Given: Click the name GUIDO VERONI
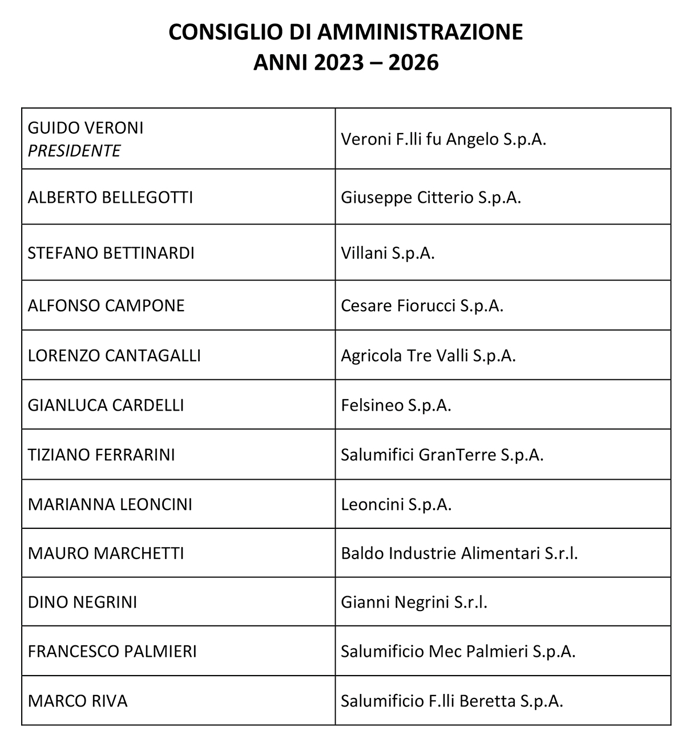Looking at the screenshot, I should [x=86, y=127].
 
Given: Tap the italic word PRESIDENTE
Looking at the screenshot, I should [x=74, y=151].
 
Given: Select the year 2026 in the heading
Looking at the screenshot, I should [x=413, y=62].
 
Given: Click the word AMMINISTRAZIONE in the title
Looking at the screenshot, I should [x=420, y=32].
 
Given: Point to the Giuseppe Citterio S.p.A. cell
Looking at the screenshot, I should [x=431, y=198].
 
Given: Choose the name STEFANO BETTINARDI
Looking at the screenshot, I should [x=111, y=252].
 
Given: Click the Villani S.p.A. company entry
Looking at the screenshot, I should [x=388, y=252].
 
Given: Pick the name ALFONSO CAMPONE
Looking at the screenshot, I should [x=106, y=306].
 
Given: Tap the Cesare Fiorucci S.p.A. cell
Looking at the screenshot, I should [x=422, y=306].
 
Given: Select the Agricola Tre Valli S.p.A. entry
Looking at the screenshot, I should [x=428, y=355].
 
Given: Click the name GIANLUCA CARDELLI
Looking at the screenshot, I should [x=106, y=405].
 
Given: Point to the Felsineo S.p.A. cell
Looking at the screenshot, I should [x=396, y=405].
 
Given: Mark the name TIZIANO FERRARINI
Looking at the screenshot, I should [x=102, y=455].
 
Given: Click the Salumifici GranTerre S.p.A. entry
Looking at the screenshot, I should [x=442, y=455].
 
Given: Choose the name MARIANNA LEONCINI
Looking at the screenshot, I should [x=110, y=504].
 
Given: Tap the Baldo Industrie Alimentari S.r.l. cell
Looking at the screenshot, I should [x=459, y=553].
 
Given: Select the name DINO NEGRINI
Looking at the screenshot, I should [x=83, y=602].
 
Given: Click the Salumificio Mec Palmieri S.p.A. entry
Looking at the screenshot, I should [x=458, y=651].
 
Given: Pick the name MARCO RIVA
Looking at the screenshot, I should [x=78, y=701].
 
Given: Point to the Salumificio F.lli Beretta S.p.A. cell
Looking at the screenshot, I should [x=452, y=701].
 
